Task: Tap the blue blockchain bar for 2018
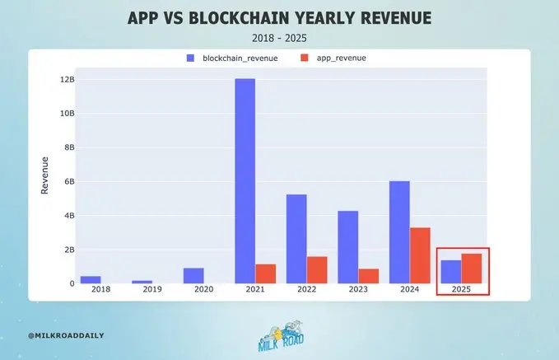coord(91,279)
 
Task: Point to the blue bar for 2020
coord(193,275)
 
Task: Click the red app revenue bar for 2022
coord(316,269)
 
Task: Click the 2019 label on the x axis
coord(152,290)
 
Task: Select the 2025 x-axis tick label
coord(461,290)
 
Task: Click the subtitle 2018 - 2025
coord(279,37)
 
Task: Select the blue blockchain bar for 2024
coord(399,232)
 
